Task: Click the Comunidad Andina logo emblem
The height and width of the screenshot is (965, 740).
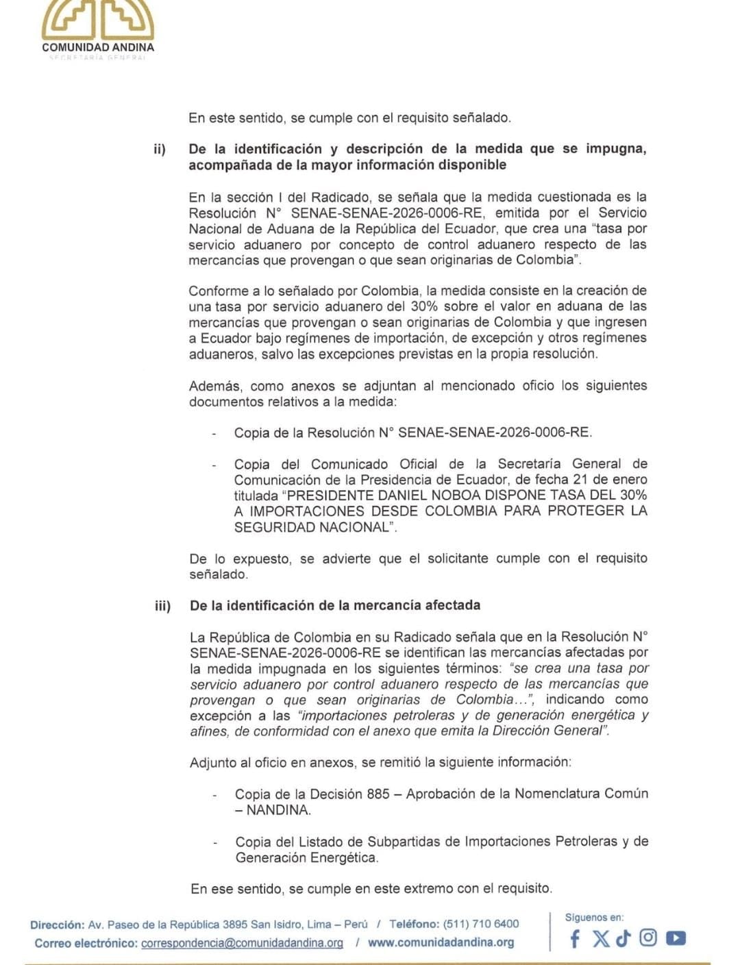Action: tap(98, 19)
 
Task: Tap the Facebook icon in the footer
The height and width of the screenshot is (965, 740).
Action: tap(575, 938)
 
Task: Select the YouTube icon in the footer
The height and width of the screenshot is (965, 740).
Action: tap(676, 938)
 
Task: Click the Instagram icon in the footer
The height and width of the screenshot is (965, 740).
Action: tap(648, 938)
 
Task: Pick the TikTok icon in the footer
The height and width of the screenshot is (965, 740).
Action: tap(623, 938)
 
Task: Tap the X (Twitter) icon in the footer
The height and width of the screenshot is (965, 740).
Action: tap(600, 938)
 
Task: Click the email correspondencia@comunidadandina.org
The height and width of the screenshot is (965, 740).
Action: tap(242, 943)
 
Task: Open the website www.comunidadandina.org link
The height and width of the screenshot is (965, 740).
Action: tap(441, 942)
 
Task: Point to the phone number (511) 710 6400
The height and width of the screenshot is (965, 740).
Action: tap(481, 924)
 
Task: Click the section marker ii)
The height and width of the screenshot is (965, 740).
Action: tap(160, 149)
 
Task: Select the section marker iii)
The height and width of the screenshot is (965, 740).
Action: tap(162, 606)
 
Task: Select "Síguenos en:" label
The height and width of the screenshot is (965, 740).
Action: tap(594, 917)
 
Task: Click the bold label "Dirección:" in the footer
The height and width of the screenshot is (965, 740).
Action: tap(58, 925)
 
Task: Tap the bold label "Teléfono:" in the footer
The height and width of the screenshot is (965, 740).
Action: tap(414, 924)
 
